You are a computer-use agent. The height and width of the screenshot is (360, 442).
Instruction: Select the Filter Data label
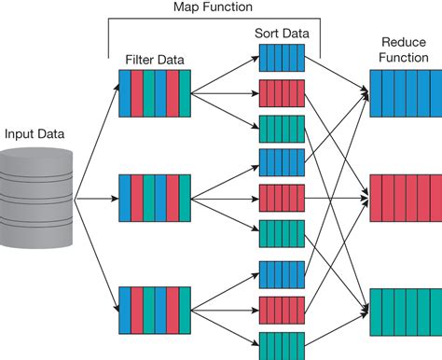[x=155, y=61]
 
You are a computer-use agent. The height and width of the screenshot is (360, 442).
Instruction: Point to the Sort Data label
[x=283, y=33]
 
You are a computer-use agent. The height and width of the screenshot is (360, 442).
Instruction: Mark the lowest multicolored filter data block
[x=155, y=304]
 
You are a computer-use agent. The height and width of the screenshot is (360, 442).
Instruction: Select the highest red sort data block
[x=283, y=92]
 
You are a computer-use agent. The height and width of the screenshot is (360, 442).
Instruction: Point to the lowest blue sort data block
[x=283, y=273]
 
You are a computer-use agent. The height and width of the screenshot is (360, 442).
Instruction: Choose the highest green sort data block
[x=283, y=127]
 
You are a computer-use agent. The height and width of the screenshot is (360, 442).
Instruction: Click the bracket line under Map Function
[x=214, y=19]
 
